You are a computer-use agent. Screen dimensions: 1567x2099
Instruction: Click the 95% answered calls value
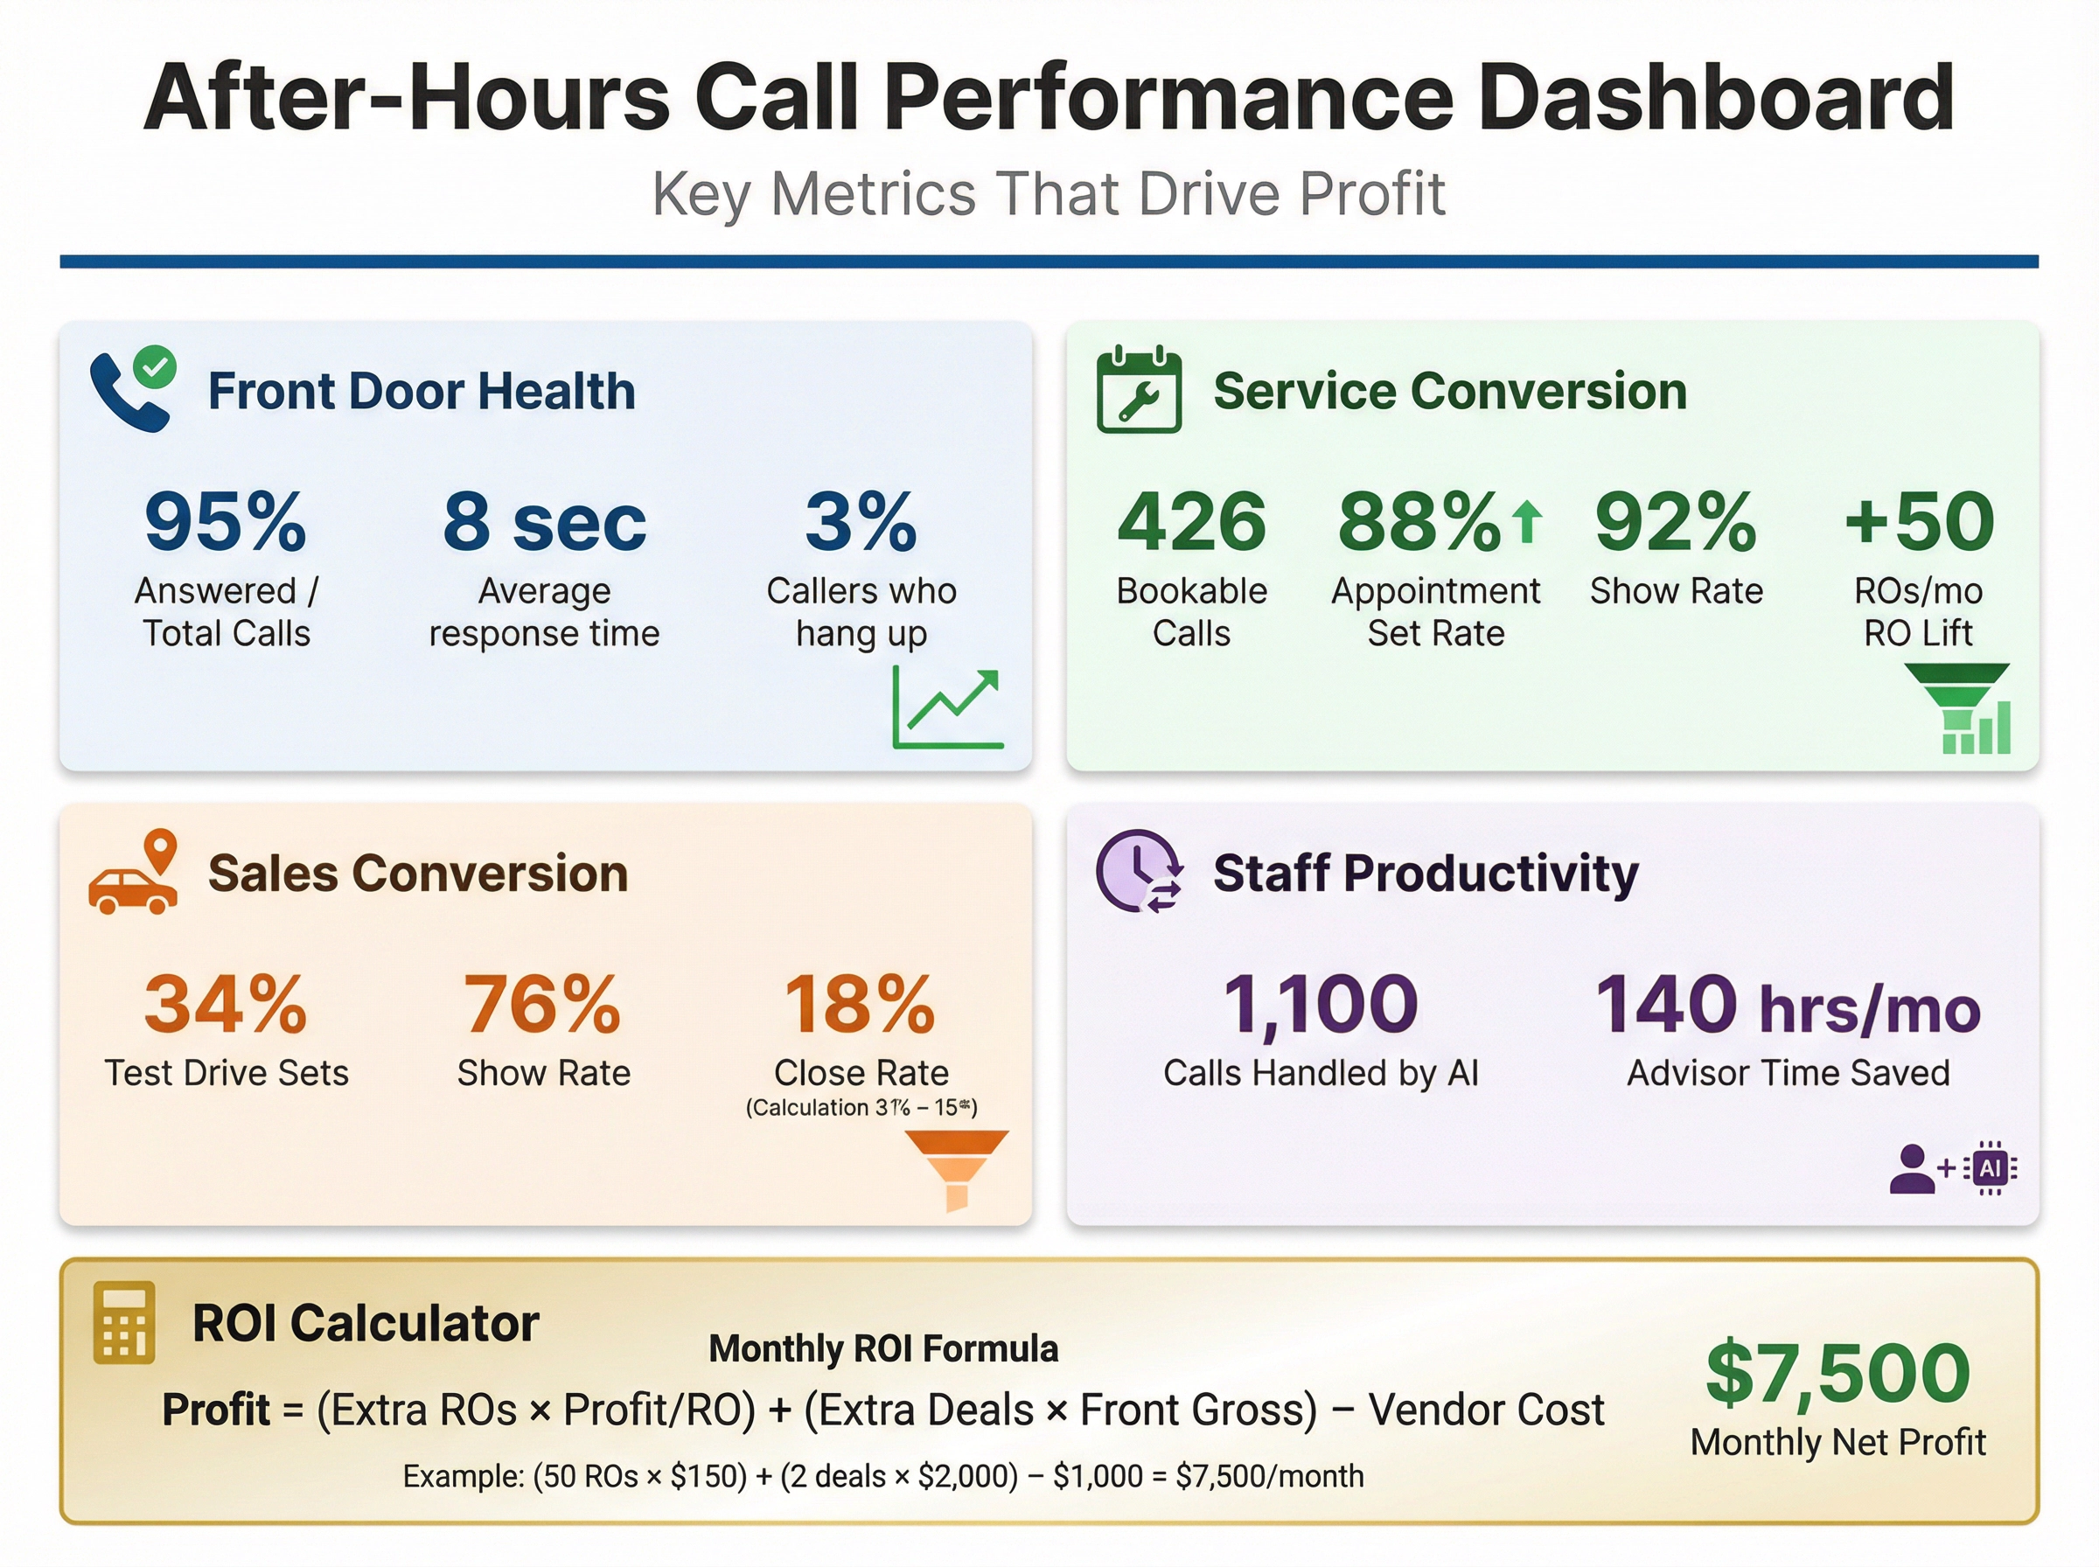[226, 522]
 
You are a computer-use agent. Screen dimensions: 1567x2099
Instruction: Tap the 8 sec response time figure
[545, 522]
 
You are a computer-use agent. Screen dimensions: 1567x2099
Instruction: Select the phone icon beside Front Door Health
[131, 391]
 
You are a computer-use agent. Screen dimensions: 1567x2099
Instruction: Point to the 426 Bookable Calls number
[1191, 522]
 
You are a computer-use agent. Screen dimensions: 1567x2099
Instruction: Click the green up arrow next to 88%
[1527, 523]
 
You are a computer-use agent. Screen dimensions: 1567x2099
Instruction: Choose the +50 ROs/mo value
[1919, 522]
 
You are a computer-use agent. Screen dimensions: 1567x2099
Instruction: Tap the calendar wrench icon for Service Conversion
[1138, 391]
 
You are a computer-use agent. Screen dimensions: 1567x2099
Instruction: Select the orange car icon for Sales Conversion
[134, 873]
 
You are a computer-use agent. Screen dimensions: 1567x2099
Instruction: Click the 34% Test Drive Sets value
[226, 1004]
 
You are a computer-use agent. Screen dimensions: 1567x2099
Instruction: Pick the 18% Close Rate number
[861, 1004]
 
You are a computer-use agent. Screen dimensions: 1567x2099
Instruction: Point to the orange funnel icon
[956, 1168]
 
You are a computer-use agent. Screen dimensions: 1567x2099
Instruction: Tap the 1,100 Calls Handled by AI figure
[1321, 1004]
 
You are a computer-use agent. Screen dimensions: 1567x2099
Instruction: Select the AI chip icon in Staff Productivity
[1990, 1167]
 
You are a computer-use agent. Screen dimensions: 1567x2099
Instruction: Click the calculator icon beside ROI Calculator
[124, 1322]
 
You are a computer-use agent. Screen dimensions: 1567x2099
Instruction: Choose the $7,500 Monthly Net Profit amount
[1837, 1373]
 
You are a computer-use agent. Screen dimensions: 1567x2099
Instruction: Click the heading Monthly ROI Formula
[883, 1348]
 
